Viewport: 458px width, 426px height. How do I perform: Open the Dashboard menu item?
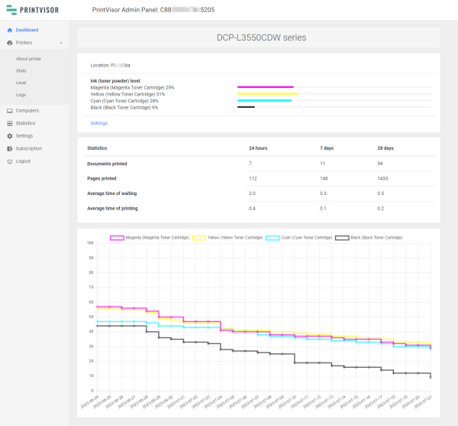point(27,30)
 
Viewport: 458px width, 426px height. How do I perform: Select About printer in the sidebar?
point(28,58)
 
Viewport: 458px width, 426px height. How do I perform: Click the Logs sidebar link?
point(21,93)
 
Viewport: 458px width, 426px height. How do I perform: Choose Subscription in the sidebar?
point(28,148)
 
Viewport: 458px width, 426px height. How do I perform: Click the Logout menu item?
point(23,161)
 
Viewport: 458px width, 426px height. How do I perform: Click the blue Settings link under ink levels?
point(99,122)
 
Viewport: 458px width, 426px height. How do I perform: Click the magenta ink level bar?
point(265,87)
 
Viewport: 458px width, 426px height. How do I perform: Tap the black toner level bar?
point(246,107)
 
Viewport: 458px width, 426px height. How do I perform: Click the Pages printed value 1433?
point(386,179)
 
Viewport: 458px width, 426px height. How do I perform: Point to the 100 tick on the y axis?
point(89,243)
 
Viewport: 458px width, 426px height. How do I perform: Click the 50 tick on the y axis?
point(90,317)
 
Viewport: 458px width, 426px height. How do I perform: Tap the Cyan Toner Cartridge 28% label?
point(124,100)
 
